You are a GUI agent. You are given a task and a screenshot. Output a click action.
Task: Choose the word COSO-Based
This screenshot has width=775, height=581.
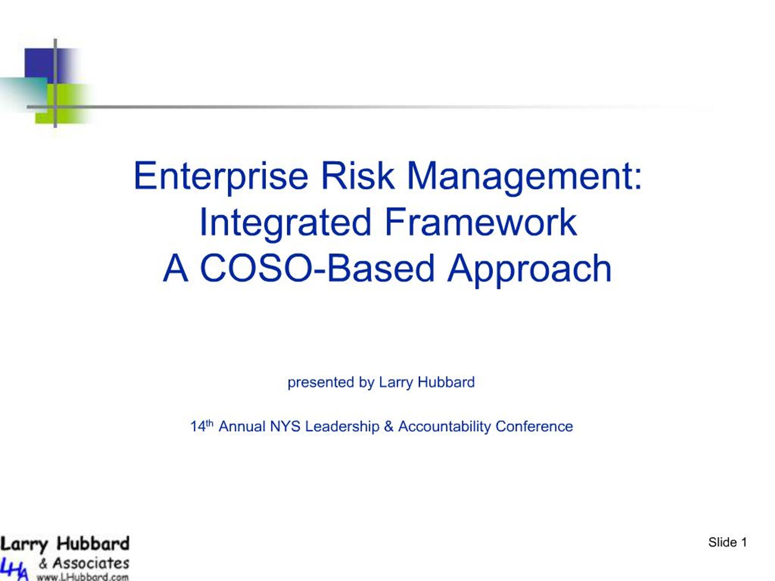pyautogui.click(x=317, y=269)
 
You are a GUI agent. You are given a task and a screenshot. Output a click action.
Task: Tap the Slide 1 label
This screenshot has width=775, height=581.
pyautogui.click(x=727, y=543)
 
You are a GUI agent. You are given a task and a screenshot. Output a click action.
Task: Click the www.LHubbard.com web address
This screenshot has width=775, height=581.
pyautogui.click(x=83, y=576)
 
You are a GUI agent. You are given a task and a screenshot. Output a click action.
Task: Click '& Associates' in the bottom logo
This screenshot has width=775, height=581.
pyautogui.click(x=84, y=563)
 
